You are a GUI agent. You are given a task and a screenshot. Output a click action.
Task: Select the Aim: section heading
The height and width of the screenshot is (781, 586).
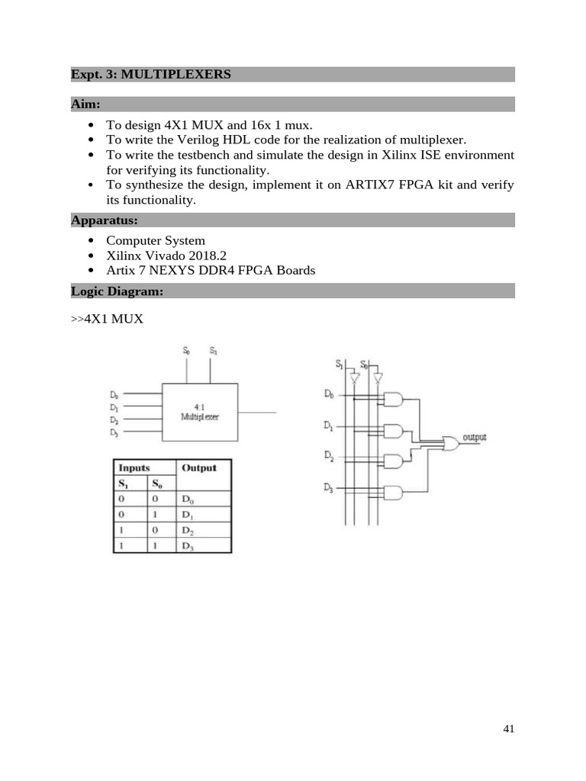(85, 103)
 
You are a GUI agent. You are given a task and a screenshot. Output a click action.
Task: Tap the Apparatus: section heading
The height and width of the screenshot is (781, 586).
(104, 220)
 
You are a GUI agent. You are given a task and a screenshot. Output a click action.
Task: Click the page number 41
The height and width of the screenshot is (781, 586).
(509, 729)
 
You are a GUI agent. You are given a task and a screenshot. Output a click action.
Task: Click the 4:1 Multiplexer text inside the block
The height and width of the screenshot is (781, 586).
(199, 413)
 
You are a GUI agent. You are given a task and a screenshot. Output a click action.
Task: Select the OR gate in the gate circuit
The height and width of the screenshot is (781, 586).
(451, 442)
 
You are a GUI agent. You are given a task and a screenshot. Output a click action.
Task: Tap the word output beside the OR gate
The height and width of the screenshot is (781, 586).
(475, 437)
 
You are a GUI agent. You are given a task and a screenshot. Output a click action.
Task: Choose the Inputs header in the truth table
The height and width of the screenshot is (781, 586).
(134, 468)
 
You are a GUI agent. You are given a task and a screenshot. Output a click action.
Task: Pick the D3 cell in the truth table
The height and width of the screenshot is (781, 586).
(188, 545)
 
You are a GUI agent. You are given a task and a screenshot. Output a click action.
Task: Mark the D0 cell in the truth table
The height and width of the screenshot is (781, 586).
(188, 500)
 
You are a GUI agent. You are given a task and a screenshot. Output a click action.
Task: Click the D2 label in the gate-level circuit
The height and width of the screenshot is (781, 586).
(328, 455)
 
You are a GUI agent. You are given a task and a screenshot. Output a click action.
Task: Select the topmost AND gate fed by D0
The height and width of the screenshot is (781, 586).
(393, 400)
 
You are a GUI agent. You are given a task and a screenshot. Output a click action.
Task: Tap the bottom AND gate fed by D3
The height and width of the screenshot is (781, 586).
(393, 492)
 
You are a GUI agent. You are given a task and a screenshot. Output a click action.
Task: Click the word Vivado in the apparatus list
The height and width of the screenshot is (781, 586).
(166, 256)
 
